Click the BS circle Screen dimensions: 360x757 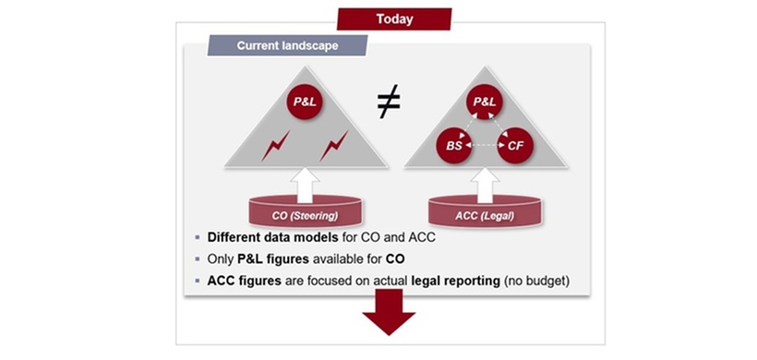(x=454, y=145)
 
